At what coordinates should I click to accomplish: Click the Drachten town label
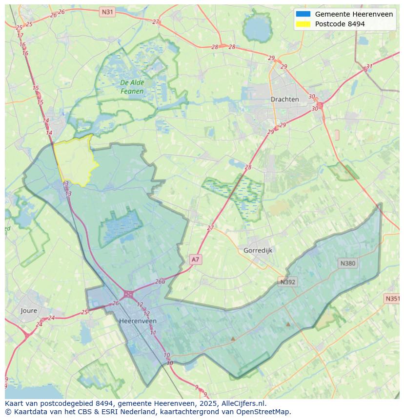pos(284,99)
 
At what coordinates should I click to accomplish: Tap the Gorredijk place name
pos(258,250)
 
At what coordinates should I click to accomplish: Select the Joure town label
pos(29,311)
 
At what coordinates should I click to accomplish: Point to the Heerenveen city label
pos(138,321)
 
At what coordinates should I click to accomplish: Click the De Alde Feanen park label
pos(132,87)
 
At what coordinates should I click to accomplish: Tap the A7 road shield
pos(195,260)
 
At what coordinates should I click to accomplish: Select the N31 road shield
pos(107,11)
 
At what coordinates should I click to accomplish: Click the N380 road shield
pos(347,263)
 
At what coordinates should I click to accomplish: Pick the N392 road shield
pos(288,282)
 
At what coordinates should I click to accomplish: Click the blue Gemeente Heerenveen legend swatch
pos(303,14)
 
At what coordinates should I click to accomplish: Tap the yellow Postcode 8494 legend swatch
pos(303,24)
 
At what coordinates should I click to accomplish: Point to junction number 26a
pos(160,281)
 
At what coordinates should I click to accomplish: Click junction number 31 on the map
pos(369,66)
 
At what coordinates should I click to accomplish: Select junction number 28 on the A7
pos(248,167)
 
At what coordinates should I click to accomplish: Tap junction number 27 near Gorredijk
pos(210,228)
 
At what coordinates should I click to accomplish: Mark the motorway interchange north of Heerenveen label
pos(129,294)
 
